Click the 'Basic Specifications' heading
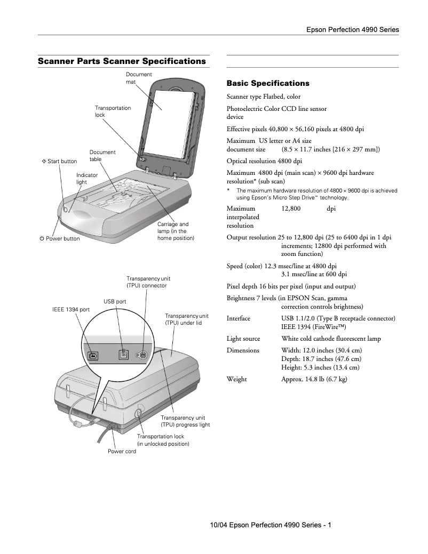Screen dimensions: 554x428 pyautogui.click(x=268, y=83)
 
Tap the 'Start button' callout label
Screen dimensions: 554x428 pyautogui.click(x=59, y=161)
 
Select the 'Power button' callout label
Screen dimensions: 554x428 pyautogui.click(x=60, y=238)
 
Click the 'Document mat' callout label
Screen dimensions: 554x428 pyautogui.click(x=138, y=78)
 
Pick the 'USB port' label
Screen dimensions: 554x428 pyautogui.click(x=115, y=301)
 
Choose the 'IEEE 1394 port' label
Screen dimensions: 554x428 pyautogui.click(x=71, y=309)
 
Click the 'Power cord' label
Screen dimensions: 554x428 pyautogui.click(x=122, y=451)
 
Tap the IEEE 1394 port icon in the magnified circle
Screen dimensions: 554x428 pyautogui.click(x=93, y=354)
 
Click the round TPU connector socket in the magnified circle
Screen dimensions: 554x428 pyautogui.click(x=142, y=354)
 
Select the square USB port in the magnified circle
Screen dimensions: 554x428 pyautogui.click(x=123, y=354)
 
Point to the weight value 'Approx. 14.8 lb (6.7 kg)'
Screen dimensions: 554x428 pyautogui.click(x=314, y=379)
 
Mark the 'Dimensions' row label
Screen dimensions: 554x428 pyautogui.click(x=243, y=350)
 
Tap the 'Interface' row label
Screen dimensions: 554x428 pyautogui.click(x=238, y=318)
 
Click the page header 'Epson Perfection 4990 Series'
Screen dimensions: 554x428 pyautogui.click(x=352, y=30)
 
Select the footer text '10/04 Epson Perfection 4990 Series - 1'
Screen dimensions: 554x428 pyautogui.click(x=271, y=525)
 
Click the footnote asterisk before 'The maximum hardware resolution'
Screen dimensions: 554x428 pyautogui.click(x=228, y=190)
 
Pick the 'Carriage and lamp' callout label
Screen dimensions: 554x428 pyautogui.click(x=173, y=231)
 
